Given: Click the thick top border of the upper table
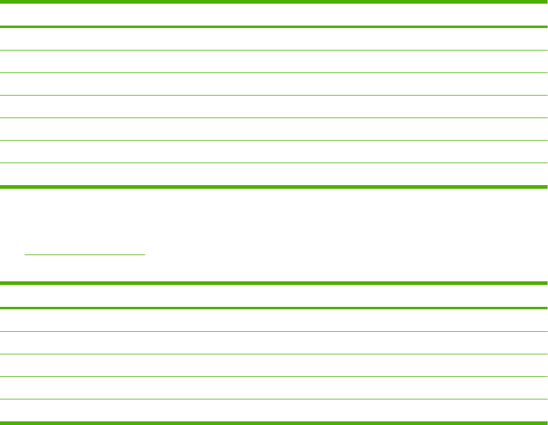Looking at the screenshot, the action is (x=273, y=2).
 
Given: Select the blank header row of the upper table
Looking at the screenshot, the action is (x=273, y=15).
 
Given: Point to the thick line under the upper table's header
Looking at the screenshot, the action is (x=273, y=27).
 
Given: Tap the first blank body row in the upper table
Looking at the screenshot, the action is (x=273, y=39).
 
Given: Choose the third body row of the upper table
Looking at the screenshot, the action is (x=273, y=84).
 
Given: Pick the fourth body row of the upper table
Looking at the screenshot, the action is (x=273, y=107).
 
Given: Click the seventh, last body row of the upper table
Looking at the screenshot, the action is (x=273, y=174).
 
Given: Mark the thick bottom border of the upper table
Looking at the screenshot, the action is (x=273, y=186).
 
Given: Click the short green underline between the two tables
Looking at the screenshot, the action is (x=85, y=255).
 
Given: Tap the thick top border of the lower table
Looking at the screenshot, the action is (x=273, y=283).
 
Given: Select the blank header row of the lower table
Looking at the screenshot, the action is (x=273, y=296).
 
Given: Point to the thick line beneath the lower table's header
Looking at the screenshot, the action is (x=273, y=308).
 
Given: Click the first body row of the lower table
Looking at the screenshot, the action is (x=273, y=320).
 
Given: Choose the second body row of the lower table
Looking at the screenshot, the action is (x=273, y=343).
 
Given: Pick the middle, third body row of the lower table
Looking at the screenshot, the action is (x=273, y=365).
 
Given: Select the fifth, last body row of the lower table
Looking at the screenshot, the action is (x=273, y=410).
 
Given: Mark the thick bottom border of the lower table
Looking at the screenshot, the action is (x=273, y=423).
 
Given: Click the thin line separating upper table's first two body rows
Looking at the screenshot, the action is (x=273, y=50).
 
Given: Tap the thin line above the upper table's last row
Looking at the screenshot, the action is (x=273, y=163).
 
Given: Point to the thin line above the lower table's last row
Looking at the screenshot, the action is (x=273, y=399).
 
